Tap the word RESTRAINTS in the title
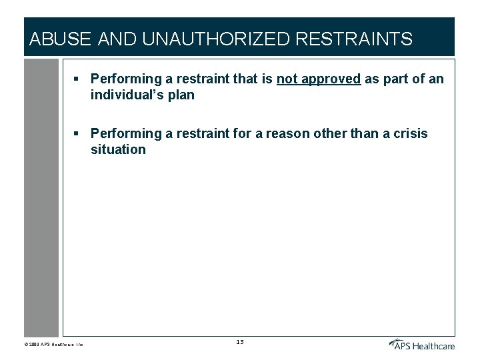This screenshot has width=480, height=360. (353, 39)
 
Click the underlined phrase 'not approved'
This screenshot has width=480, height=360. (319, 79)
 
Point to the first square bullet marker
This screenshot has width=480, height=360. (77, 79)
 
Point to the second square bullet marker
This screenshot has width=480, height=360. (77, 134)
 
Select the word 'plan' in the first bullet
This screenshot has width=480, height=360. (181, 95)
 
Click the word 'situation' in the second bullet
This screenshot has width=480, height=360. (118, 149)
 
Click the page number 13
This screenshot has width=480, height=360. (240, 342)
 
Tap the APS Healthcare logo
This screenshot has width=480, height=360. (421, 344)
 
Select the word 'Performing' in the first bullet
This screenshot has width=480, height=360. (124, 79)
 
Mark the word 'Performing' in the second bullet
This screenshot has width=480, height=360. (124, 133)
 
